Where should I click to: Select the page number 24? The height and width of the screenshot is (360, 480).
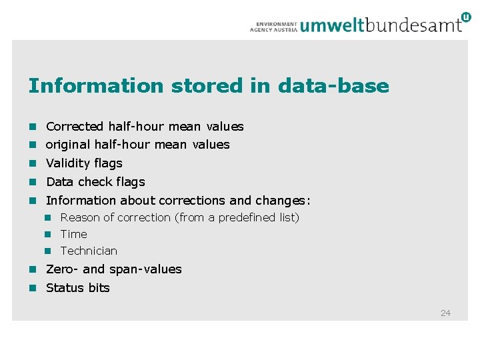445,313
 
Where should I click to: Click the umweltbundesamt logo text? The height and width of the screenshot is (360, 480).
381,25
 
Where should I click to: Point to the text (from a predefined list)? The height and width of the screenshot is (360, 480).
237,218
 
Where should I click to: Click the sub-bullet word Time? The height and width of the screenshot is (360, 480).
73,235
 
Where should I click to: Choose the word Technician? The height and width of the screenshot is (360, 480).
89,251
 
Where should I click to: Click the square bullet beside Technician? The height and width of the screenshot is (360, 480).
48,251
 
